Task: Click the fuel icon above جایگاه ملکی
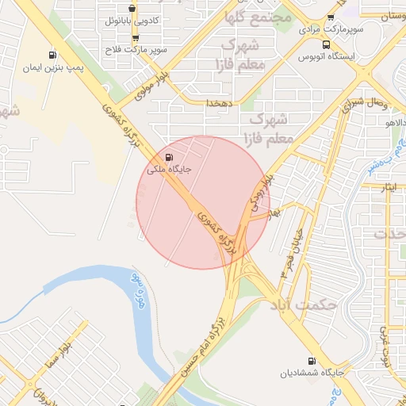168,156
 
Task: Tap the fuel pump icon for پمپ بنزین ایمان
52,56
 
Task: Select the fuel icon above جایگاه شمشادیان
321,359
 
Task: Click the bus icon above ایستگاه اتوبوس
327,45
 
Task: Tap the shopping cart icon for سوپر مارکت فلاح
136,37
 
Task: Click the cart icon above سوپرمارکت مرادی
330,17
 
